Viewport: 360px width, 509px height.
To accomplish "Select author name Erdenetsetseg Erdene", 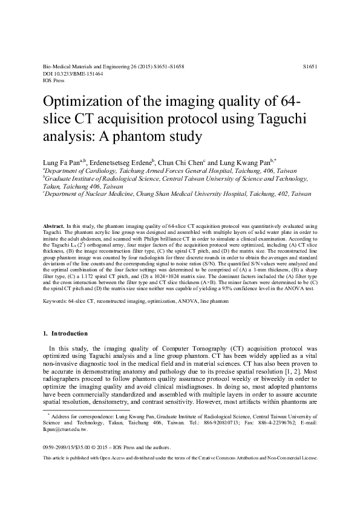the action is pyautogui.click(x=128, y=162).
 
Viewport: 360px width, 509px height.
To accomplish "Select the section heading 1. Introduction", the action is pyautogui.click(x=66, y=333).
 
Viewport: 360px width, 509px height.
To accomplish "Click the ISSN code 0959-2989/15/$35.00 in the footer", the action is pyautogui.click(x=70, y=448).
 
